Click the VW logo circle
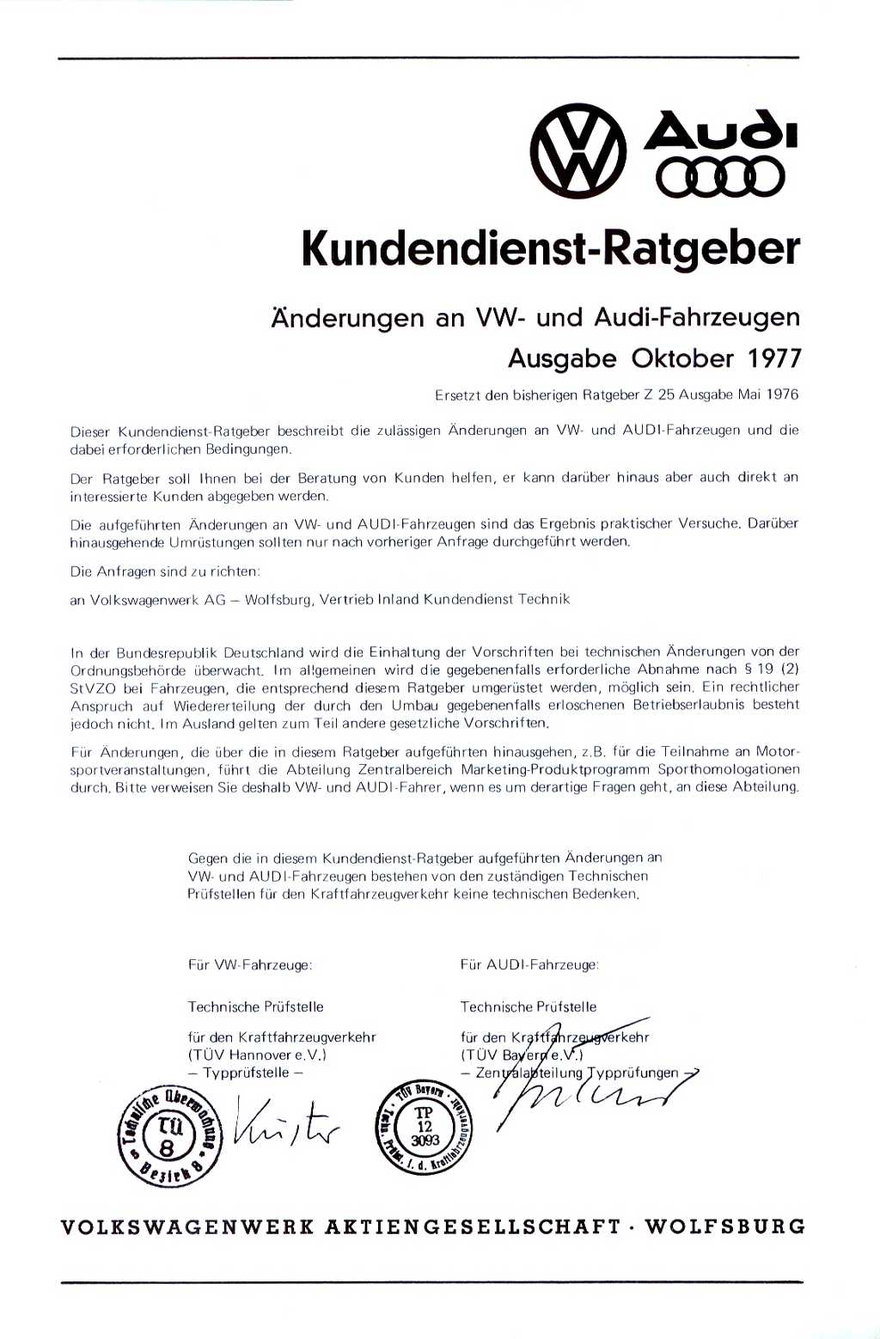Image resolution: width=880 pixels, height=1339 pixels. tap(577, 151)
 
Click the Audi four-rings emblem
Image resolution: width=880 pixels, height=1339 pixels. tap(720, 178)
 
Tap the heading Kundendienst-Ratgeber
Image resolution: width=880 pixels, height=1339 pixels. tap(550, 248)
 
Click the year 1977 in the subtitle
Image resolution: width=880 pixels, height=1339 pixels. tap(773, 358)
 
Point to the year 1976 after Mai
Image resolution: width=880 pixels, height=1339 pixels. tap(782, 394)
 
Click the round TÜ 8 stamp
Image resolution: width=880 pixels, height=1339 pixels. tap(169, 1134)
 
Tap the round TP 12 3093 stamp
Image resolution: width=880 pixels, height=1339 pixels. tap(425, 1127)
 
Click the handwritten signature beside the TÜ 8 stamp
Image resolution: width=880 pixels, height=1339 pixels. tap(285, 1126)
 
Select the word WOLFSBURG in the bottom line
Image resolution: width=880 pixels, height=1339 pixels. tap(724, 1226)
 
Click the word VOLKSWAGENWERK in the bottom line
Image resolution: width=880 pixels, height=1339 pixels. tap(187, 1227)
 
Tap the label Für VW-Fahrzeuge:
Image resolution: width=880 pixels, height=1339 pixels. tap(250, 964)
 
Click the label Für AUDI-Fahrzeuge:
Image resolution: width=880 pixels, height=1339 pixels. tap(529, 964)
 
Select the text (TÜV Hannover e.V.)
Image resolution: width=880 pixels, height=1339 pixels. tap(257, 1055)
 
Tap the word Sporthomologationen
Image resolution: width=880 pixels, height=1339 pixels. tap(729, 769)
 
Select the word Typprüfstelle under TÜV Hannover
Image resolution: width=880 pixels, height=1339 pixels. tap(247, 1073)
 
